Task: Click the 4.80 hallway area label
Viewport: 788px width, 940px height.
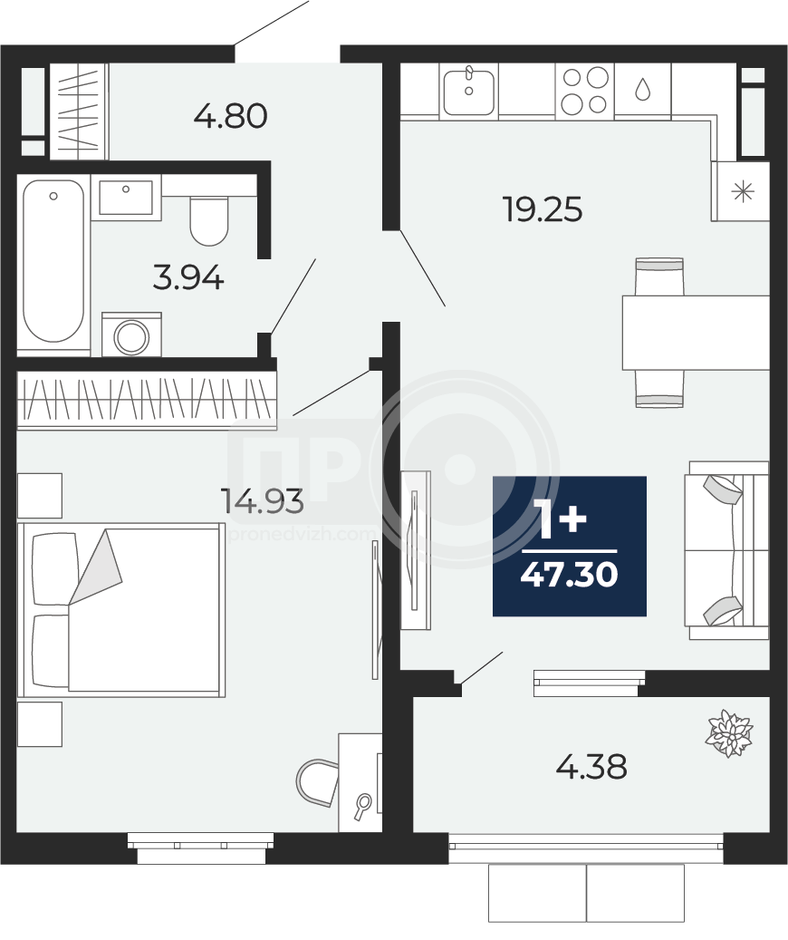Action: pyautogui.click(x=231, y=116)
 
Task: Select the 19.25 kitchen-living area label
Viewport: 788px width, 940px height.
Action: pyautogui.click(x=543, y=209)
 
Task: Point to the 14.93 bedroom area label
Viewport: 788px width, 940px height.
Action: pyautogui.click(x=262, y=500)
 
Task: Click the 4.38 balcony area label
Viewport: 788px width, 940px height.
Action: pyautogui.click(x=591, y=766)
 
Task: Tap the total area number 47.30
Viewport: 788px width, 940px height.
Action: pyautogui.click(x=570, y=575)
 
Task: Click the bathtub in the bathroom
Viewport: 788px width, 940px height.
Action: pyautogui.click(x=53, y=261)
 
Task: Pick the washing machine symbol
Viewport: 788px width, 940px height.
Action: pyautogui.click(x=131, y=334)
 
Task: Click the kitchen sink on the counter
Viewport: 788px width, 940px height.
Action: pyautogui.click(x=469, y=92)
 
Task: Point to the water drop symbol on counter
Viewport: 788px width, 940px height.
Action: pyautogui.click(x=643, y=89)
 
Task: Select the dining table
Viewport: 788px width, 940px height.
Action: pyautogui.click(x=696, y=332)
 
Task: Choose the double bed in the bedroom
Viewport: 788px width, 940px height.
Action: pyautogui.click(x=121, y=610)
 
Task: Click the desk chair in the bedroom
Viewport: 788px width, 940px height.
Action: pyautogui.click(x=318, y=782)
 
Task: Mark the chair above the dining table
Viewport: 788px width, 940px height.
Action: pyautogui.click(x=659, y=276)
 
